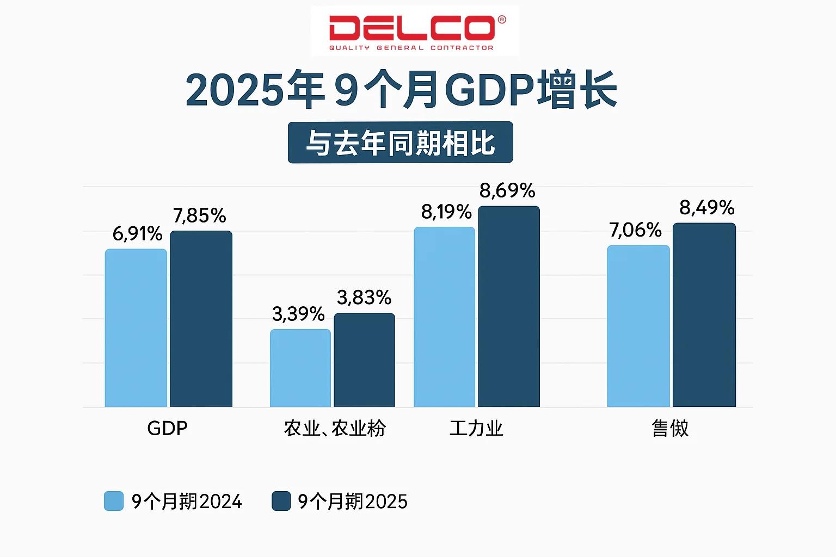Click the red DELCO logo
pos(415,30)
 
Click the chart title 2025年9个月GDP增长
pos(401,90)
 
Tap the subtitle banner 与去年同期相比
pos(400,143)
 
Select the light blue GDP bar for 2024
pos(136,328)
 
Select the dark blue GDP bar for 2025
pos(201,319)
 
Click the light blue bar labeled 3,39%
pos(300,368)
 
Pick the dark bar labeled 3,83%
pos(364,360)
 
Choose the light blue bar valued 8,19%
pos(444,317)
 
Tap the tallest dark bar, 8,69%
pos(509,306)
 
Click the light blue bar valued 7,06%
pos(638,326)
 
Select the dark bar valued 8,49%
pos(704,315)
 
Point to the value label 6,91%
pos(137,234)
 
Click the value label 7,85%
pos(199,216)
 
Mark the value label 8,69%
pos(507,191)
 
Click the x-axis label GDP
pos(167,428)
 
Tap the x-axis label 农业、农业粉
pos(335,428)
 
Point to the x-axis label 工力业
pos(476,428)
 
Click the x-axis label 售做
pos(670,428)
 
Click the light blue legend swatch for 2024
pos(114,501)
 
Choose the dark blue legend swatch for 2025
pos(281,501)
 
